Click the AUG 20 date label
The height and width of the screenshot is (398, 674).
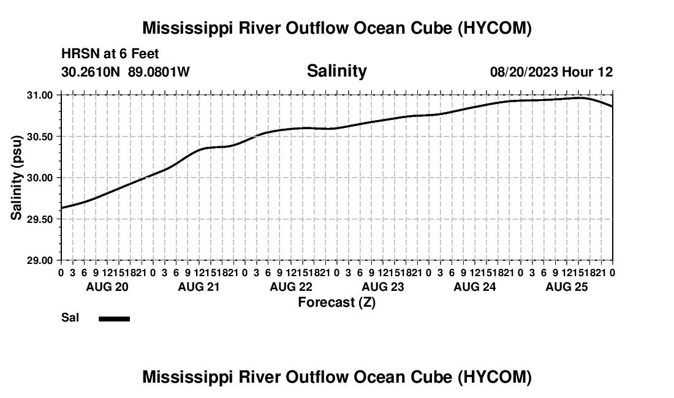[107, 287]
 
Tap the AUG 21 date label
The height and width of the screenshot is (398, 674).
[199, 287]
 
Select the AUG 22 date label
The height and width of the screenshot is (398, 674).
[291, 287]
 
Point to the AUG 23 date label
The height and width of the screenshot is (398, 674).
[383, 287]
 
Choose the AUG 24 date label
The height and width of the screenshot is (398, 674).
[475, 287]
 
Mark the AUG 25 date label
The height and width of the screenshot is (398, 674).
[567, 287]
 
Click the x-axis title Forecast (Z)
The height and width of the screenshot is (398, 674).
[336, 302]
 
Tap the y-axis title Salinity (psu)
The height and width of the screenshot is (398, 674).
[17, 178]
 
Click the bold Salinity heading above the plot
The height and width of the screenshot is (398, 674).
[336, 71]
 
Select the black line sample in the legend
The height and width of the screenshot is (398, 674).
[115, 318]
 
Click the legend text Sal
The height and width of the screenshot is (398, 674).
[70, 318]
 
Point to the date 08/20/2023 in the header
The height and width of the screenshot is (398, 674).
[524, 72]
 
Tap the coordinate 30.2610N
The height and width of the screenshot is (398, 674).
[92, 72]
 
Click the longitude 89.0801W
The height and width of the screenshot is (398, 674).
[159, 72]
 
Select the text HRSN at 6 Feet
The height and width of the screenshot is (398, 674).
[110, 54]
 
